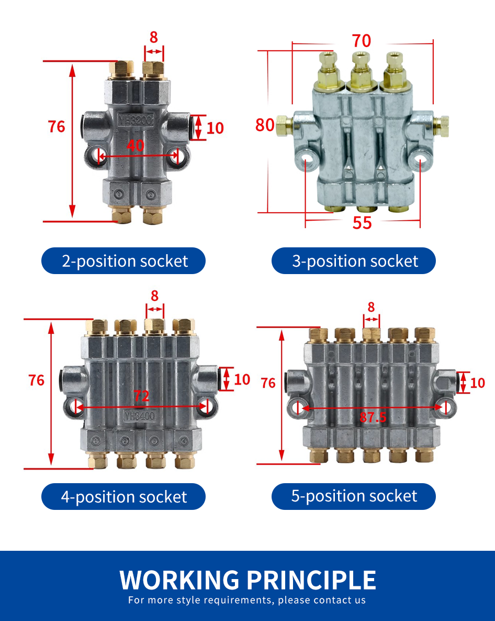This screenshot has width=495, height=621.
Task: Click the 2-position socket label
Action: [x=123, y=260]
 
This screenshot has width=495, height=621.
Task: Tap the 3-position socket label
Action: [x=354, y=260]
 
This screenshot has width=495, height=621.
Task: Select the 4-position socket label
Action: [x=123, y=496]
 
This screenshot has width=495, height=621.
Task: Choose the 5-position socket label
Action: [x=354, y=496]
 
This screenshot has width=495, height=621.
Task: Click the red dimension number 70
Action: [x=361, y=41]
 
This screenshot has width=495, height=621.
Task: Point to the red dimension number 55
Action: [x=362, y=223]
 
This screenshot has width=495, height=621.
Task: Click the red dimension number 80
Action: [x=265, y=125]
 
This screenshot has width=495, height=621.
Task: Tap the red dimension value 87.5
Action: [x=373, y=417]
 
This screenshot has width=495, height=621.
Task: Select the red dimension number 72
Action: [x=141, y=396]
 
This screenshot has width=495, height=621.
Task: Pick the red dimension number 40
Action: [x=136, y=146]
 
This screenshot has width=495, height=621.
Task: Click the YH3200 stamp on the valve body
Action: [x=136, y=121]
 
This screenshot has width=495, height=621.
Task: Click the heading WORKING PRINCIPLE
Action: [x=248, y=580]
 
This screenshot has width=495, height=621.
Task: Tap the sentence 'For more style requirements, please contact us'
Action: [x=248, y=600]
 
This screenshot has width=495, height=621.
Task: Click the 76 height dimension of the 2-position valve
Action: [x=57, y=127]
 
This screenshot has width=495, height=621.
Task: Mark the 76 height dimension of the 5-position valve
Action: [x=268, y=383]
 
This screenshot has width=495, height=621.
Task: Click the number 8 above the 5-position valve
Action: [x=372, y=307]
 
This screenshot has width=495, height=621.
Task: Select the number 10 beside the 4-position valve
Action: [x=242, y=379]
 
